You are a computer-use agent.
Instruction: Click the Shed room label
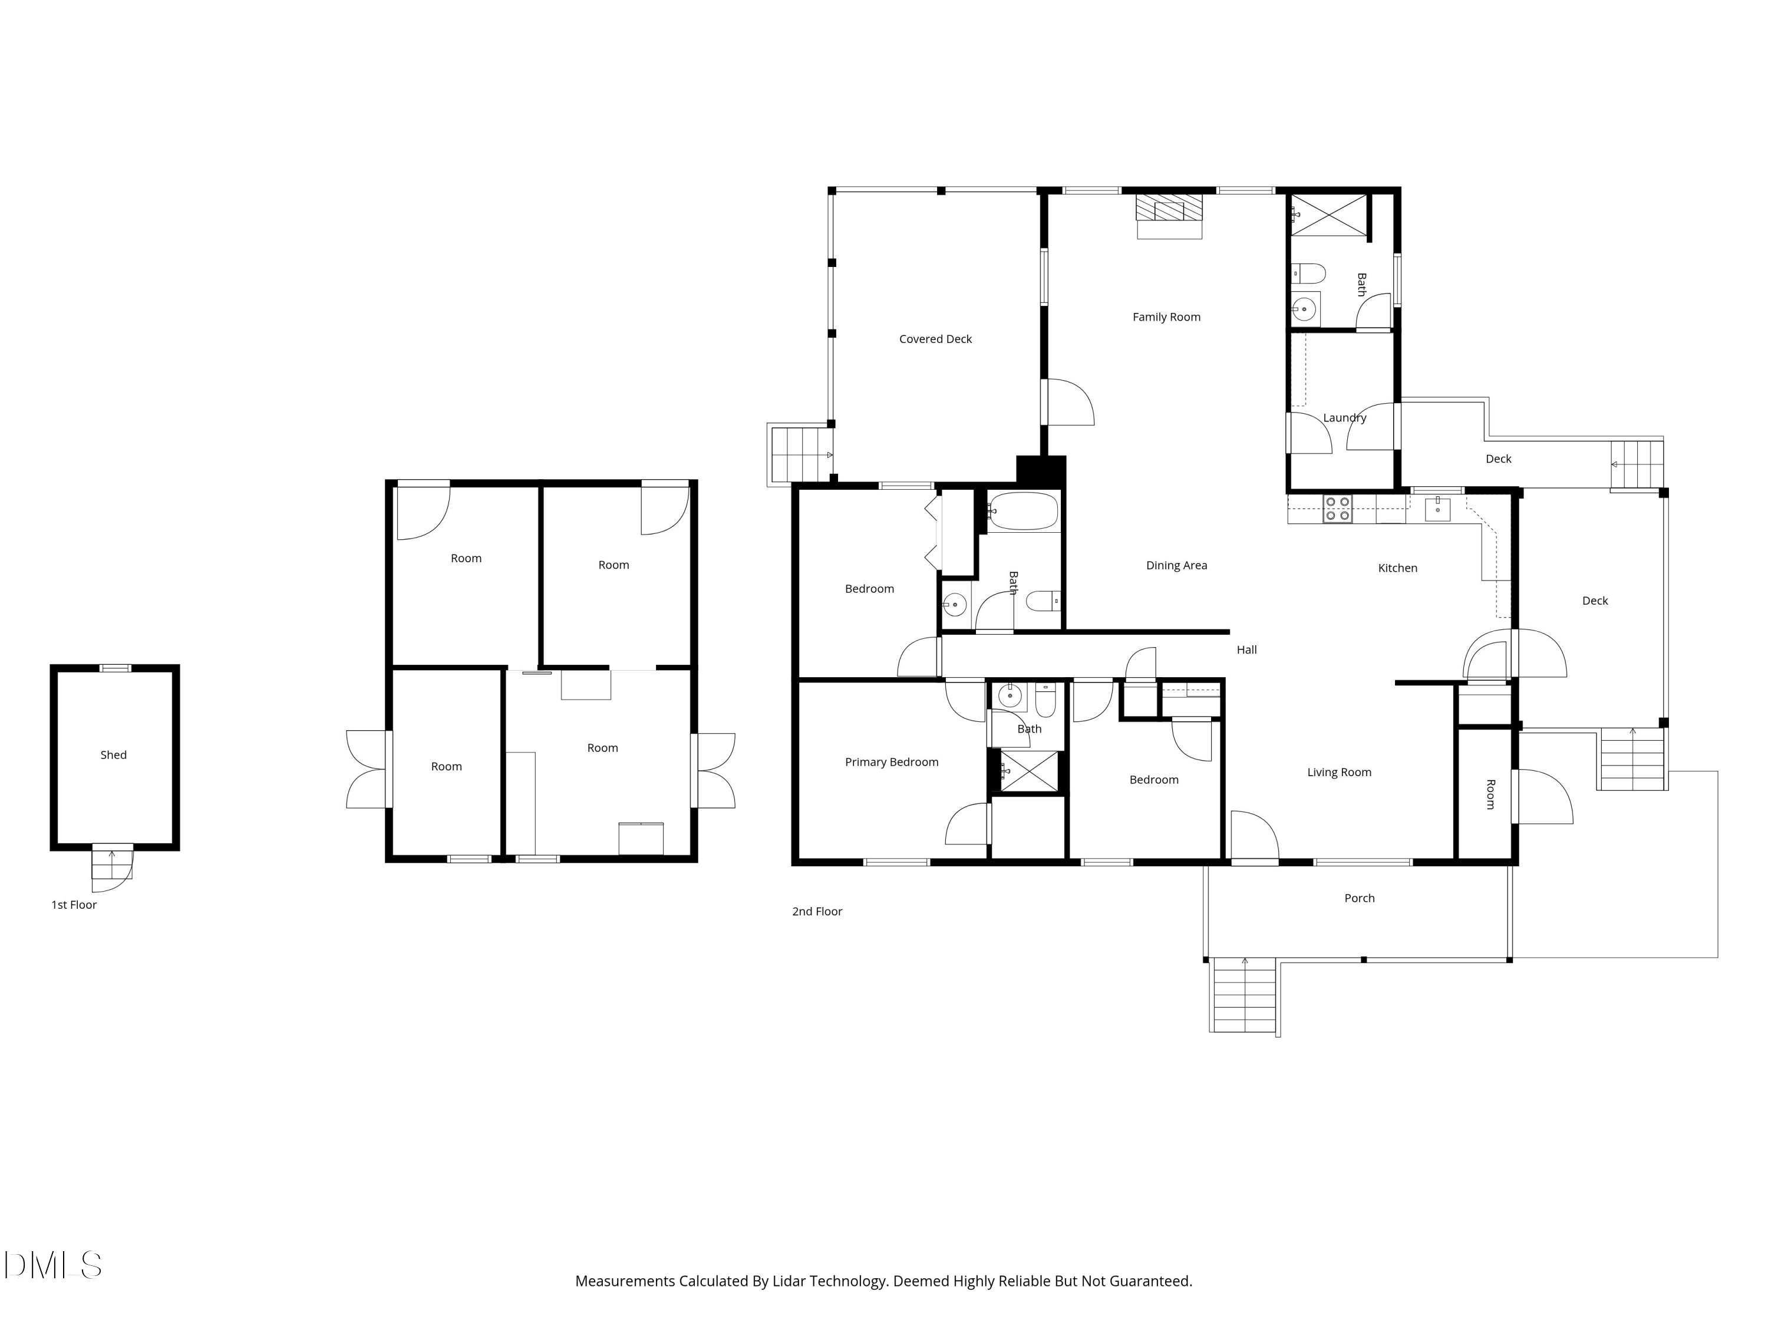point(114,754)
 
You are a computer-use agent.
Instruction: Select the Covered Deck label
point(935,339)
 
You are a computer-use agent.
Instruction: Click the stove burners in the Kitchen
point(1337,509)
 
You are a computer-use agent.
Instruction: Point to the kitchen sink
point(1437,509)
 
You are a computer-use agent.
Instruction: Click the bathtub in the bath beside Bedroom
point(1024,512)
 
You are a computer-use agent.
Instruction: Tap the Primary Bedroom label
point(891,761)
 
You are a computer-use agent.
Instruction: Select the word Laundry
point(1344,417)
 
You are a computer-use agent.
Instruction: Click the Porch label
point(1359,898)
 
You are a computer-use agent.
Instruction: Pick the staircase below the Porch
point(1243,995)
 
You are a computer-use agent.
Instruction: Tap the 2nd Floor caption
point(817,911)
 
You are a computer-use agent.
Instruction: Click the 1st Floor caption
point(74,905)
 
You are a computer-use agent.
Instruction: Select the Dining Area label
point(1176,565)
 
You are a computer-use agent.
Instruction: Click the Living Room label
point(1339,772)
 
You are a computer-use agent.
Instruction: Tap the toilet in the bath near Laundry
point(1308,274)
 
